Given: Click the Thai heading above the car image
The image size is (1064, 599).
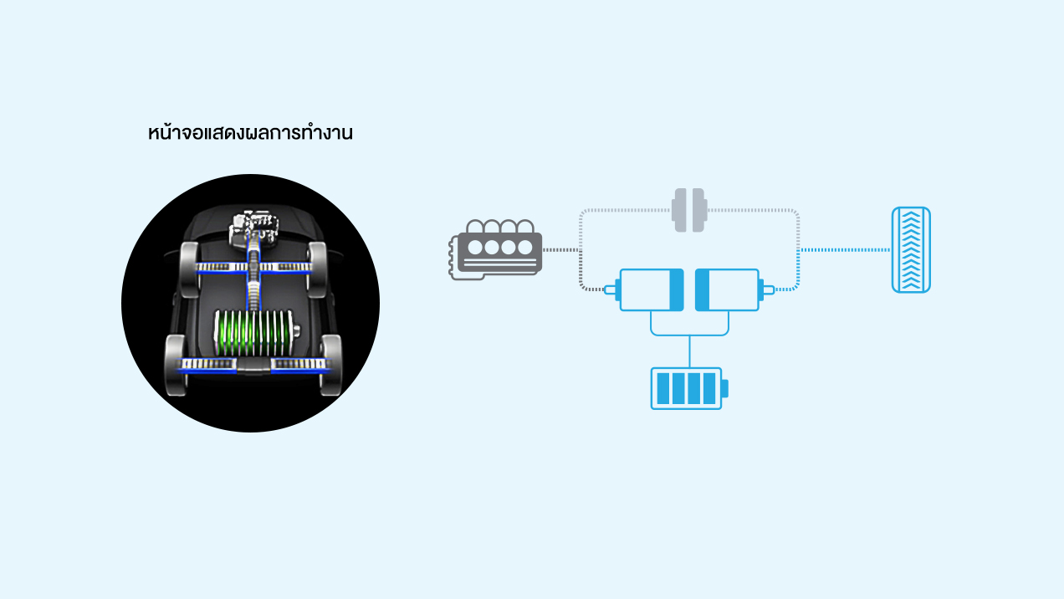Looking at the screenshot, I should [250, 133].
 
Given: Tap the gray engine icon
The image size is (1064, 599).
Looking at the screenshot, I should [498, 249].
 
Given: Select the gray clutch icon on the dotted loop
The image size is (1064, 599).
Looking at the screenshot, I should [689, 210].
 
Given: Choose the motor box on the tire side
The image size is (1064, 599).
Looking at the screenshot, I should [727, 289].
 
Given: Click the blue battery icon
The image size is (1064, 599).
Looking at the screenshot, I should [687, 388].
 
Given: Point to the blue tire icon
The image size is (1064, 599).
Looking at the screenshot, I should [911, 249].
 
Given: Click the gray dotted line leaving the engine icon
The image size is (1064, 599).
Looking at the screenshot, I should [561, 249].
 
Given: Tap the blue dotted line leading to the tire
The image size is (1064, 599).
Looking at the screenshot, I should [845, 249].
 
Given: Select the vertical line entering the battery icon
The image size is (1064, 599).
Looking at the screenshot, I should [689, 351].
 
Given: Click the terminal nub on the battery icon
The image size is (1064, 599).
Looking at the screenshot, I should [724, 388].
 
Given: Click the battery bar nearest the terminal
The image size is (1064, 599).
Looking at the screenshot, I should [711, 388].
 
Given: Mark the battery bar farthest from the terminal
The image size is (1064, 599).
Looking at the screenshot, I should [663, 388].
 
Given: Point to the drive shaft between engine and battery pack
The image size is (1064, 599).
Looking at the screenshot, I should [252, 289].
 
